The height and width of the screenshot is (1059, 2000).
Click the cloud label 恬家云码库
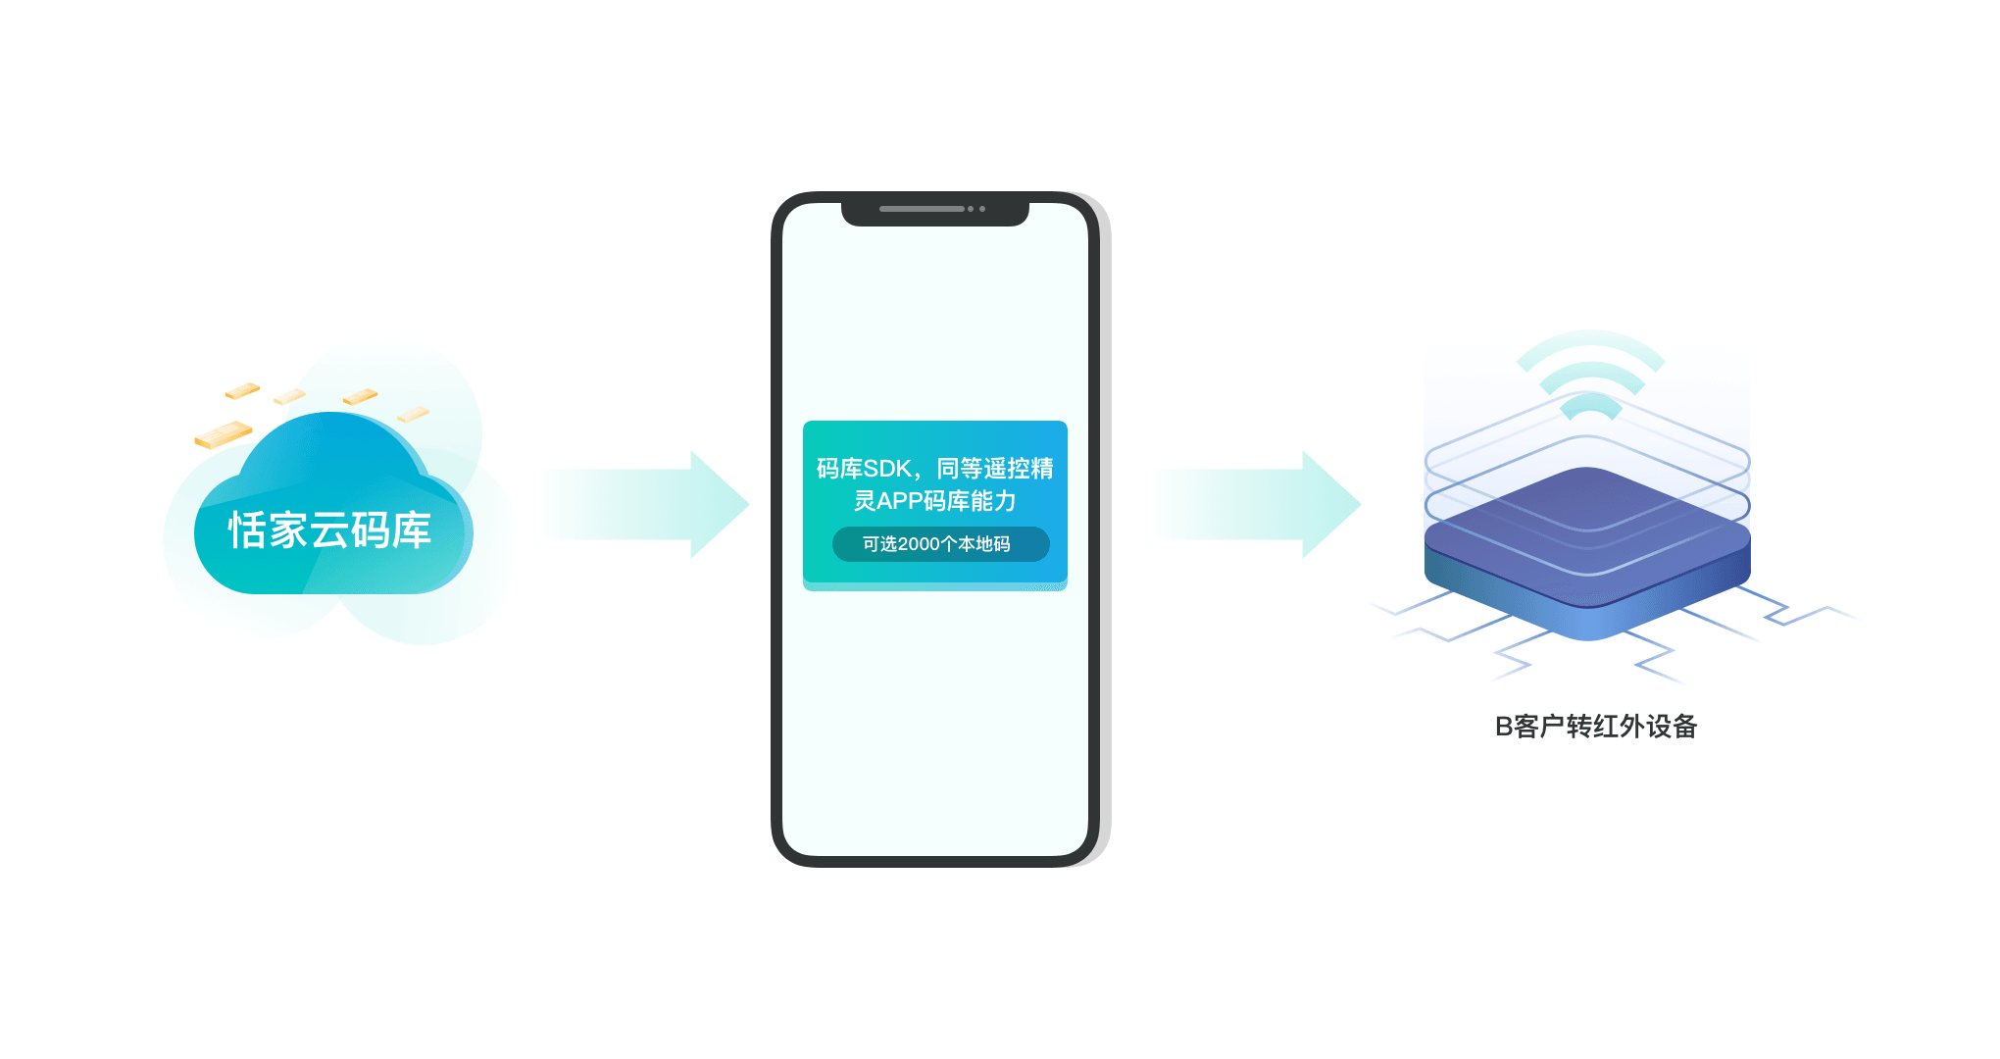pos(330,530)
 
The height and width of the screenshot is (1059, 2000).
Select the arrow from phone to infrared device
pos(1257,504)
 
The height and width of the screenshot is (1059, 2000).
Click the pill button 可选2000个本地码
pos(940,544)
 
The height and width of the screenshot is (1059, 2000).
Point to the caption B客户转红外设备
pos(1595,727)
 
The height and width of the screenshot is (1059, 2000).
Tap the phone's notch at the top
pos(935,211)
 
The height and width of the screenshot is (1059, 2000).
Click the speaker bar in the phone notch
pos(922,209)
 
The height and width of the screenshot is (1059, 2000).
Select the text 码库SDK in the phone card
pos(864,469)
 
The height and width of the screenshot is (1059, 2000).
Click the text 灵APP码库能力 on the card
pos(934,501)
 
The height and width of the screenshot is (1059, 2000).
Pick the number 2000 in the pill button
pos(920,544)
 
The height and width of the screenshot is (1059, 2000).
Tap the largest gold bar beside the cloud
pos(224,434)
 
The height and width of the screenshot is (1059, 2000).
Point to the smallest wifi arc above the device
pos(1590,405)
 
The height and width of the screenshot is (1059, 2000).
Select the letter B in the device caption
pos(1503,727)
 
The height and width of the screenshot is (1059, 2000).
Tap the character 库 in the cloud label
pos(412,530)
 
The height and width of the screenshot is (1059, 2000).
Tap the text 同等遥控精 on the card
pos(995,469)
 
